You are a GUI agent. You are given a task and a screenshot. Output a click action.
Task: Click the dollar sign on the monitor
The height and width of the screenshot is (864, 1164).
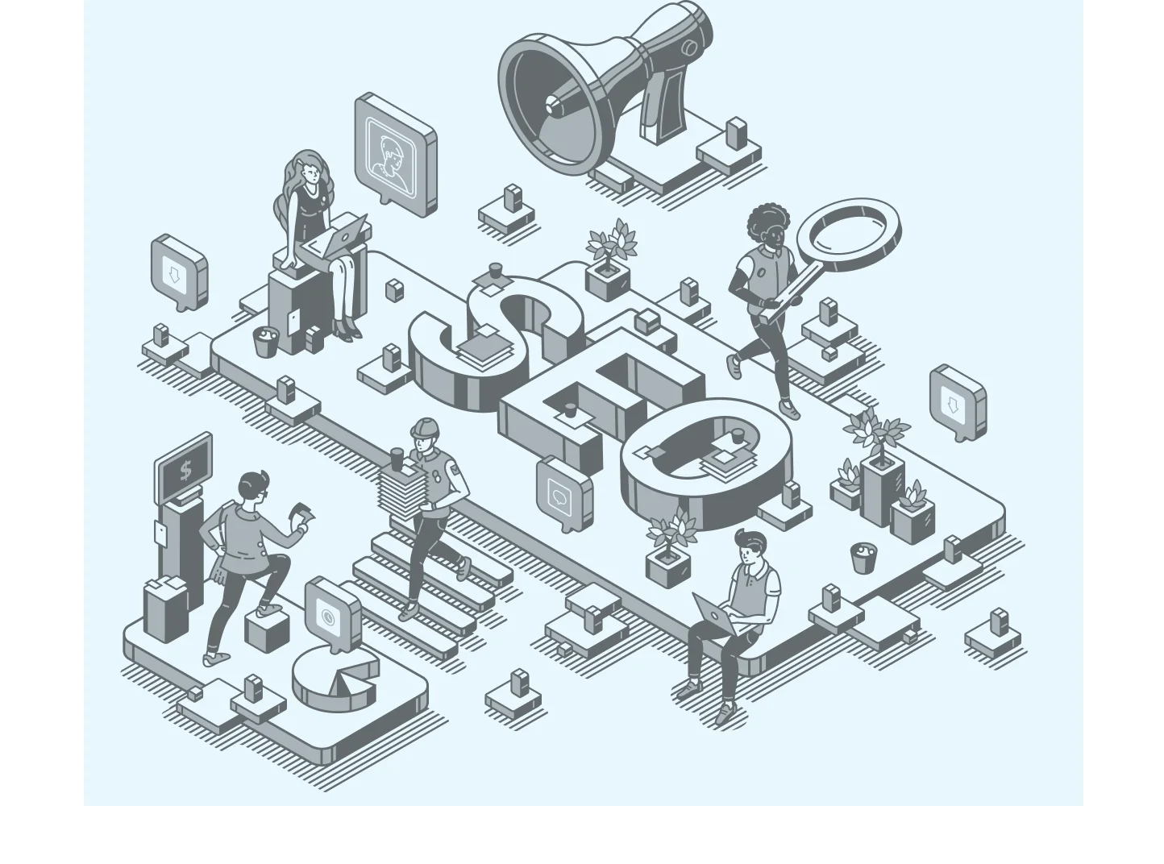pyautogui.click(x=185, y=470)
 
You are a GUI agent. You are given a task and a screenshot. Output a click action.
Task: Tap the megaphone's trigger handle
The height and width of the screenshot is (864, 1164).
pyautogui.click(x=663, y=108)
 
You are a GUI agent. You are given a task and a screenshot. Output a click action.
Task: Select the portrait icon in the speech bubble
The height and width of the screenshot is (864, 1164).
pyautogui.click(x=391, y=156)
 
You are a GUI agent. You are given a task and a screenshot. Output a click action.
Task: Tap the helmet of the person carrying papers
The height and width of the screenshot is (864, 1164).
pyautogui.click(x=425, y=428)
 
